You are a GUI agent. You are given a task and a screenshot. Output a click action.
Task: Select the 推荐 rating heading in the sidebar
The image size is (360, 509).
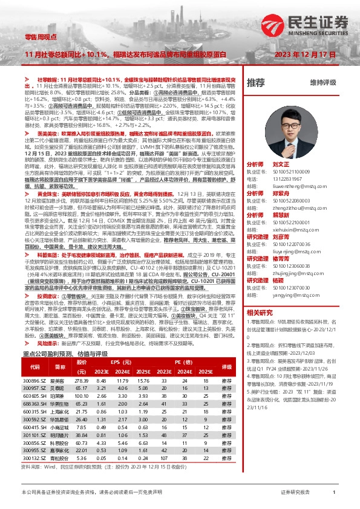[256, 82]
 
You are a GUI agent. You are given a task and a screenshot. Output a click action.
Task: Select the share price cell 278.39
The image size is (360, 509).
[82, 380]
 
